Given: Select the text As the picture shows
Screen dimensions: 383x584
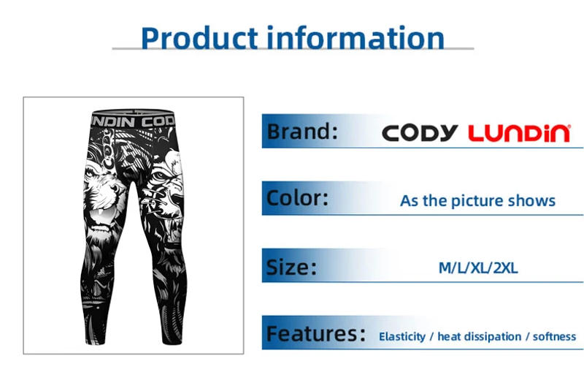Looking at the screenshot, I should point(477,200).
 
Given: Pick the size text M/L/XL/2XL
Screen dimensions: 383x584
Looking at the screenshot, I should point(477,268).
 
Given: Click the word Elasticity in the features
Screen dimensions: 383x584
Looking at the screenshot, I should point(401,337).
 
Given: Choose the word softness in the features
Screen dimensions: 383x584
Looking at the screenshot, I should point(554,337).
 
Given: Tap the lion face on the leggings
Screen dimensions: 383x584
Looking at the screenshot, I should point(104,190).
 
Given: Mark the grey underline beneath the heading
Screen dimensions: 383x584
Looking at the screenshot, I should point(292,49).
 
